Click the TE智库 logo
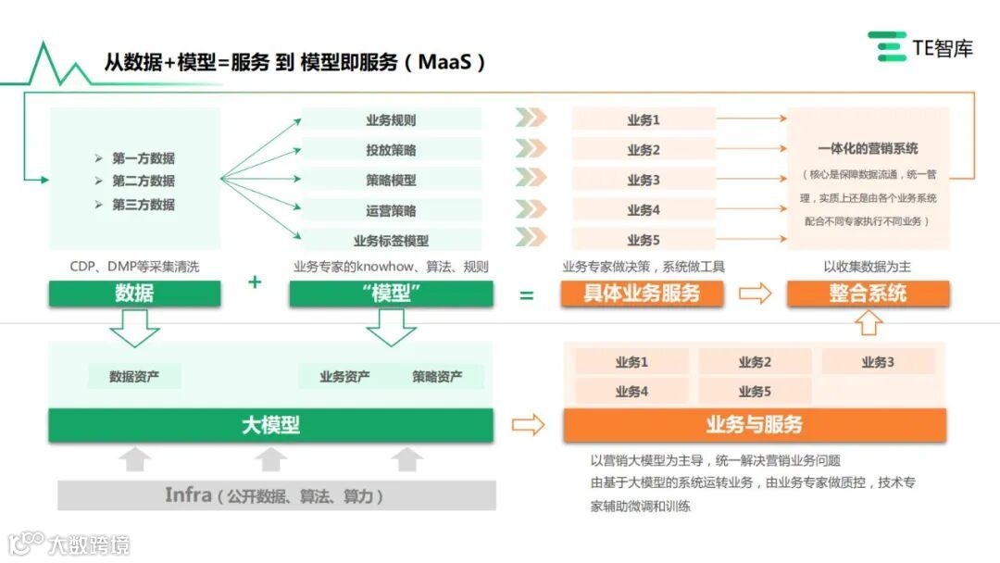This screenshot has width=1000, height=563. pyautogui.click(x=920, y=46)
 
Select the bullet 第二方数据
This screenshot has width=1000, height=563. pyautogui.click(x=144, y=181)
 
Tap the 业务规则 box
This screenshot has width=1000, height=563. pyautogui.click(x=391, y=119)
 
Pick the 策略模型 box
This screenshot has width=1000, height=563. pyautogui.click(x=391, y=180)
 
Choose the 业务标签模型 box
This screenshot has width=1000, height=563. pyautogui.click(x=391, y=240)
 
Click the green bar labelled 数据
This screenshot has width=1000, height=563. pyautogui.click(x=134, y=294)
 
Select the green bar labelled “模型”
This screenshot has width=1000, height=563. pyautogui.click(x=391, y=294)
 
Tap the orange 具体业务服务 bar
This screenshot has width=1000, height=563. pyautogui.click(x=641, y=294)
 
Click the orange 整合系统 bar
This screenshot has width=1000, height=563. pyautogui.click(x=868, y=294)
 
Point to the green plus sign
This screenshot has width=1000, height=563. pyautogui.click(x=255, y=281)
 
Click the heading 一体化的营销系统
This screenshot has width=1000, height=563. pyautogui.click(x=868, y=148)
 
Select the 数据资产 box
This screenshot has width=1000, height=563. pyautogui.click(x=134, y=377)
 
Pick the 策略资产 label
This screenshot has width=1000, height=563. pyautogui.click(x=437, y=377)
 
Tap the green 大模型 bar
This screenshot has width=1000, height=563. pyautogui.click(x=270, y=425)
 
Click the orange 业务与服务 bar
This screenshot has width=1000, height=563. pyautogui.click(x=754, y=425)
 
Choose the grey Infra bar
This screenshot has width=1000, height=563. pyautogui.click(x=276, y=495)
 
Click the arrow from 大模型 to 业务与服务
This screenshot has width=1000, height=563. pyautogui.click(x=528, y=425)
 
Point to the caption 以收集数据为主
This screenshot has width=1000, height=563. pyautogui.click(x=868, y=267)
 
